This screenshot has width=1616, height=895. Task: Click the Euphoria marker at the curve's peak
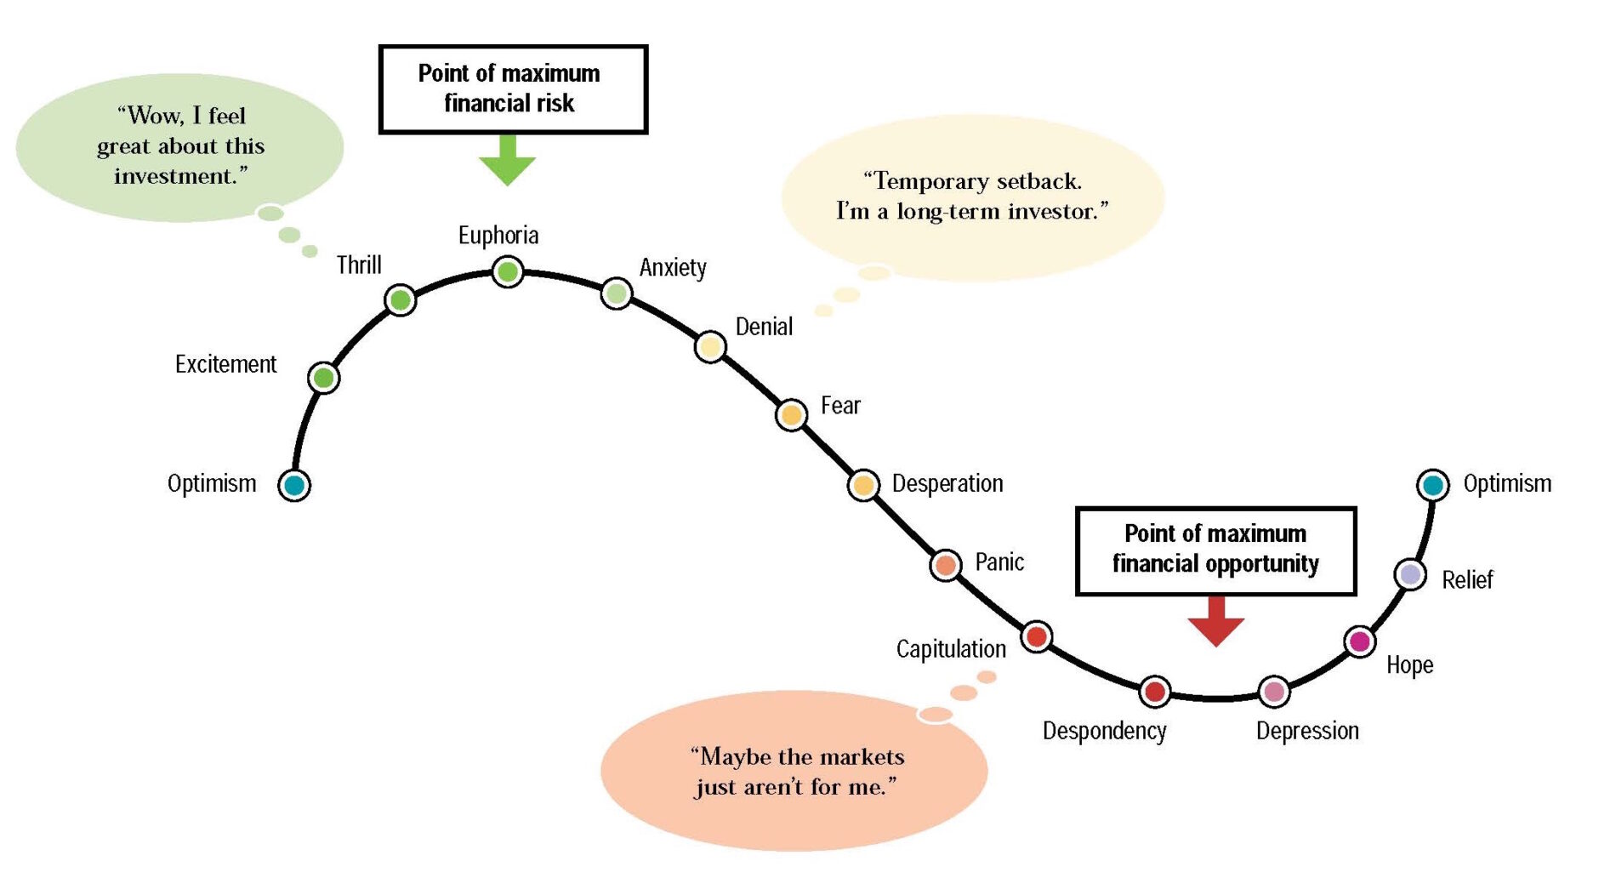[x=508, y=272]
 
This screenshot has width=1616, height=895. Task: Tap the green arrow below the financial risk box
[x=508, y=160]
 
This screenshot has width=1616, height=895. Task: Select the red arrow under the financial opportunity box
[x=1216, y=621]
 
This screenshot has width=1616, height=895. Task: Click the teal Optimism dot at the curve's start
[x=294, y=485]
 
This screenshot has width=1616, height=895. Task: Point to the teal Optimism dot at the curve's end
[x=1433, y=485]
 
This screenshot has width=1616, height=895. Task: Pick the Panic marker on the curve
[x=945, y=564]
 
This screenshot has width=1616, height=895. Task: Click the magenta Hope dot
[x=1360, y=641]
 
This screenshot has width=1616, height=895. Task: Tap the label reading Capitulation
[x=951, y=649]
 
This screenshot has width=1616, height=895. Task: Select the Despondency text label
[x=1105, y=731]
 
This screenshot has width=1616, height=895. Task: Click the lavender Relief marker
[x=1411, y=575]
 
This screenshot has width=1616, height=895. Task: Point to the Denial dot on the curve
[x=710, y=346]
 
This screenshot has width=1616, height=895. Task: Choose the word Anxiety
[x=673, y=268]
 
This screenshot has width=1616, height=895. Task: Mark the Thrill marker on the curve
[x=400, y=299]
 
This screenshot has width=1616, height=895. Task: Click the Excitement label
[x=226, y=364]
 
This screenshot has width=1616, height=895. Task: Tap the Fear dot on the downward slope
[x=791, y=414]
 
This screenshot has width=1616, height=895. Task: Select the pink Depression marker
[x=1274, y=692]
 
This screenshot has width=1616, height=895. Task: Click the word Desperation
[x=947, y=484]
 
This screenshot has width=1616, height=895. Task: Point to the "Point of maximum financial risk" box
[x=513, y=89]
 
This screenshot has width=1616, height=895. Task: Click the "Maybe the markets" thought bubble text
[x=797, y=772]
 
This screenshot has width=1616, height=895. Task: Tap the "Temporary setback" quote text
[x=973, y=196]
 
